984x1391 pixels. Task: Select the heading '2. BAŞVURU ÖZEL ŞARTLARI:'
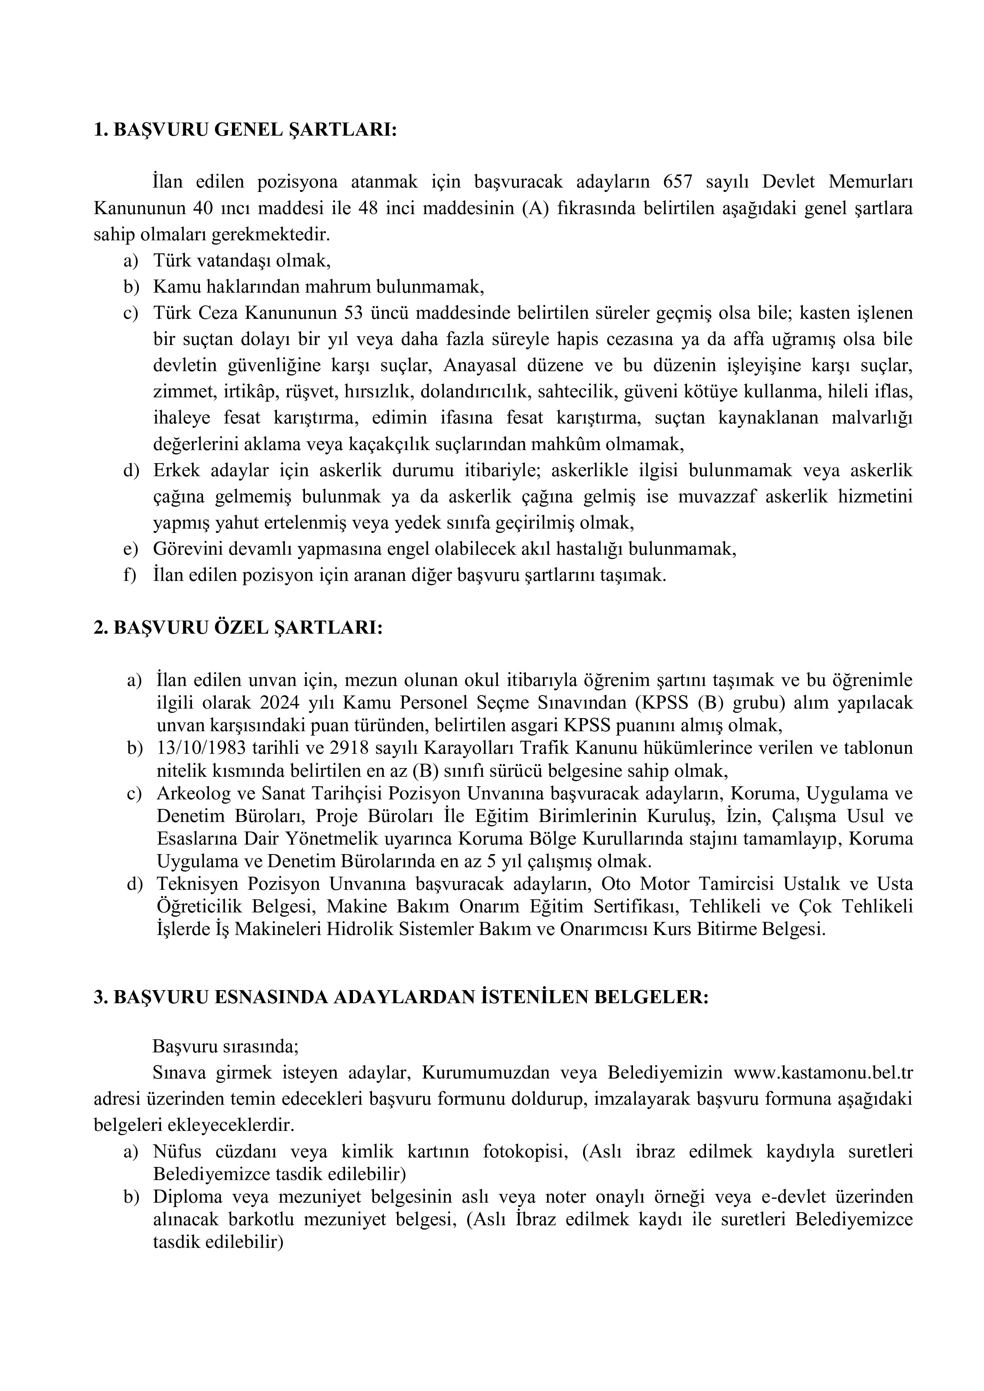click(x=238, y=628)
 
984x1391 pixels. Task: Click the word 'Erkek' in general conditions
click(x=176, y=471)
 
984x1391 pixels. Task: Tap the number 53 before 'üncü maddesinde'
click(x=354, y=313)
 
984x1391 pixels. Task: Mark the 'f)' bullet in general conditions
click(x=130, y=575)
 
